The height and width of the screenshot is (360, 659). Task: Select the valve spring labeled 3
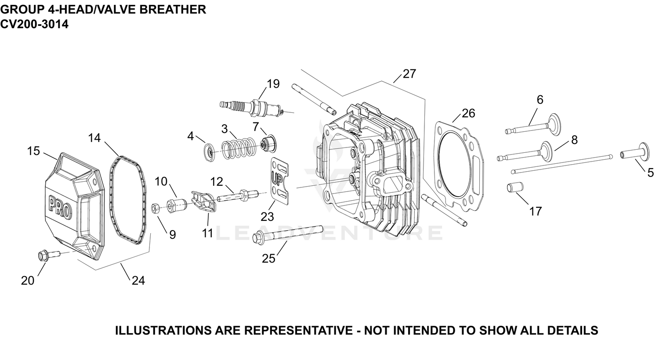[238, 148]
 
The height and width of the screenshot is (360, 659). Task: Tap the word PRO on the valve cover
[60, 208]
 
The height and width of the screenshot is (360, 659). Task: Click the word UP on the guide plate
[278, 178]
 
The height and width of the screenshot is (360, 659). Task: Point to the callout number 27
[409, 74]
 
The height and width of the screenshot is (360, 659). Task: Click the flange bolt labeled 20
[48, 255]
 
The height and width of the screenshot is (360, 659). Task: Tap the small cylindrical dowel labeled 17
[515, 187]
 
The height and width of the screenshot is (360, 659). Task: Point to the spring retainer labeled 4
[210, 151]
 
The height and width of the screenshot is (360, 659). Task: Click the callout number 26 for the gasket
[468, 113]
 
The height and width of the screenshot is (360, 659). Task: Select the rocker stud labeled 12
[238, 195]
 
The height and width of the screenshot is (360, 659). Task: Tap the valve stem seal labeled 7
[268, 144]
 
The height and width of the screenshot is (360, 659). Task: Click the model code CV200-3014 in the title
[34, 24]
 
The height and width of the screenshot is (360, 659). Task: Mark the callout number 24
[138, 281]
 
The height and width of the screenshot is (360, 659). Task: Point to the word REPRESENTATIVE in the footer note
[299, 331]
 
